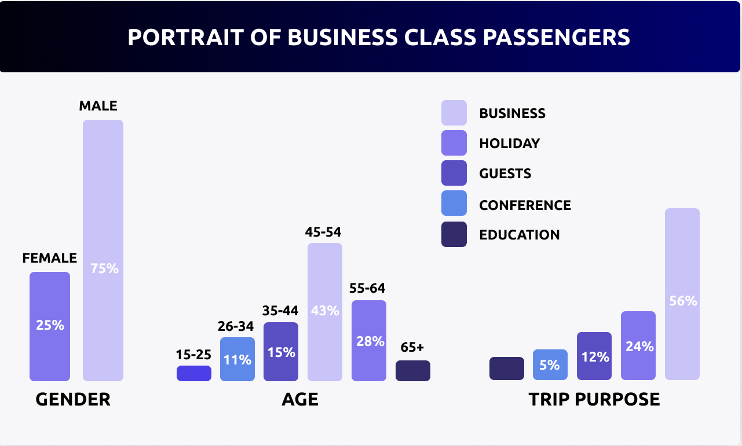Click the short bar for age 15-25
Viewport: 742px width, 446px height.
194,373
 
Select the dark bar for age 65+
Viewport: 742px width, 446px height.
413,371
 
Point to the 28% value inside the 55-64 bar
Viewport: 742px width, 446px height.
369,341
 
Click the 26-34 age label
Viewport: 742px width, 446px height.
236,326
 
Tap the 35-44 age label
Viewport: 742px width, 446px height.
280,311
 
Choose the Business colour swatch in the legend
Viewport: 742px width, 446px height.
454,113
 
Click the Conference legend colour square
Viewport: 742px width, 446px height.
454,205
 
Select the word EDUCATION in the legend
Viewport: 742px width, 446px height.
520,235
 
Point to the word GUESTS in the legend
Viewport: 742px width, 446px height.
505,174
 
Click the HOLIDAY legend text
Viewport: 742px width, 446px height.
510,143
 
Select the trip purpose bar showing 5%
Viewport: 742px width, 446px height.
550,365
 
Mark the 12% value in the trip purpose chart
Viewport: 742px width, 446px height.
594,357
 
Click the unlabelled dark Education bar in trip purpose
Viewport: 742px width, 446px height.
507,368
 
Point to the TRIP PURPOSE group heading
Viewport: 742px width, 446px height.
594,399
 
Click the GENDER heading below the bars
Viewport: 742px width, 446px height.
73,399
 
